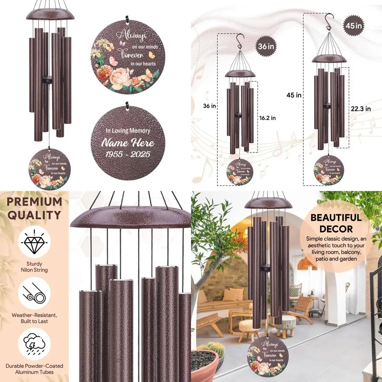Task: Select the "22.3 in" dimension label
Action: (x=360, y=108)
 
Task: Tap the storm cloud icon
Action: (x=34, y=345)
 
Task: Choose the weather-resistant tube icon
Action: (x=34, y=293)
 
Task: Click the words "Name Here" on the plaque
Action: (x=127, y=143)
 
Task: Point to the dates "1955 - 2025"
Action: (x=127, y=155)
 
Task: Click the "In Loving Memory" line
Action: (x=127, y=131)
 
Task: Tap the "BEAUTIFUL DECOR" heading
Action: (x=336, y=223)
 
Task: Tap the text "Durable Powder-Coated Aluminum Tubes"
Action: (x=34, y=369)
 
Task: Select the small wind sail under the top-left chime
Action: (x=49, y=169)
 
